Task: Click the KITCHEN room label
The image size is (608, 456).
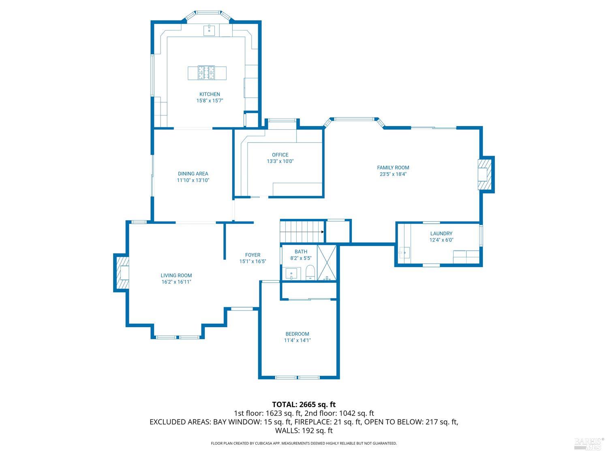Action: point(210,94)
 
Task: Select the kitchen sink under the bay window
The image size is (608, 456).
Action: point(209,30)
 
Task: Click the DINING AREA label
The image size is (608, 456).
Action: point(193,173)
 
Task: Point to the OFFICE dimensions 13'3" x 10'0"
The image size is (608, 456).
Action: point(280,161)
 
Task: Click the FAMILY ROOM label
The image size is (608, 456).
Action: point(393,167)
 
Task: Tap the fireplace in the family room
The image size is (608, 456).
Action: point(485,174)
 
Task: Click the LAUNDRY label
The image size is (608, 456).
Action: point(441,233)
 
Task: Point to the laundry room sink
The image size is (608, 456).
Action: point(404,253)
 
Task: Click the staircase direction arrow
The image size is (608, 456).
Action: point(322,232)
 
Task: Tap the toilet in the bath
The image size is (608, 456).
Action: point(310,273)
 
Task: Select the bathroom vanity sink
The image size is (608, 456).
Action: point(291,274)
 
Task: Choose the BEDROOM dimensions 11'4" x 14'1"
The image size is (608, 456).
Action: point(297,340)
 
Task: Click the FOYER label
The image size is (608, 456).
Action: point(253,255)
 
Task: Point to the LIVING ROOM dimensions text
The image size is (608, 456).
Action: point(176,282)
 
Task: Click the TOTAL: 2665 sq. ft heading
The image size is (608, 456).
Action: point(304,404)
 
